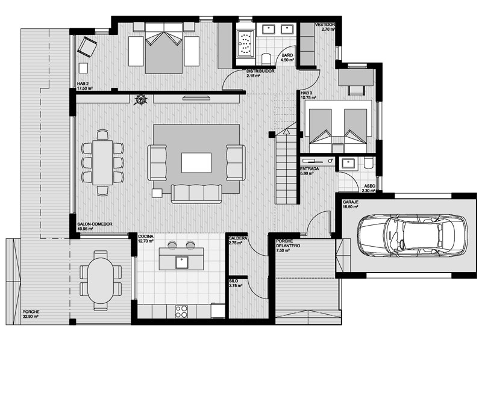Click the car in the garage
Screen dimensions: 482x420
tap(412, 235)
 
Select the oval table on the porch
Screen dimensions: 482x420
tap(101, 280)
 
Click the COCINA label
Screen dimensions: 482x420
tap(146, 236)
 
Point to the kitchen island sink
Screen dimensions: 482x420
tap(182, 262)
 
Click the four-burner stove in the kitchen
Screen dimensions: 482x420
tap(181, 311)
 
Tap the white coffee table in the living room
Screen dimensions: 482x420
tap(196, 162)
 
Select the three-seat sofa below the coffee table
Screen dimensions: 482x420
tap(196, 194)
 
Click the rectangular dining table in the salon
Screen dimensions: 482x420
tap(102, 162)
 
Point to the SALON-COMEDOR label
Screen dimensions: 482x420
tap(95, 224)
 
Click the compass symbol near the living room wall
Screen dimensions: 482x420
tap(142, 99)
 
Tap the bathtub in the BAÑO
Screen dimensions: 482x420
tap(245, 43)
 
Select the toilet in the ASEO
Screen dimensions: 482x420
tap(368, 162)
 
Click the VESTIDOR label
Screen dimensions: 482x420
tap(325, 25)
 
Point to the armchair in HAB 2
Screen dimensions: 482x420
tap(87, 47)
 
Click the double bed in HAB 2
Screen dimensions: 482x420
tap(164, 48)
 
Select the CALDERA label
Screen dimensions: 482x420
tap(238, 238)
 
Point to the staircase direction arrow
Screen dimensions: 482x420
tap(287, 132)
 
